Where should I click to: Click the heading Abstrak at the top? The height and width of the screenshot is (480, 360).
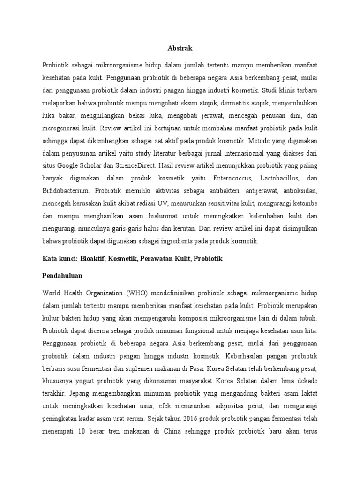click(180, 48)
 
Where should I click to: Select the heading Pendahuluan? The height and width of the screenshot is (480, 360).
click(63, 276)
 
